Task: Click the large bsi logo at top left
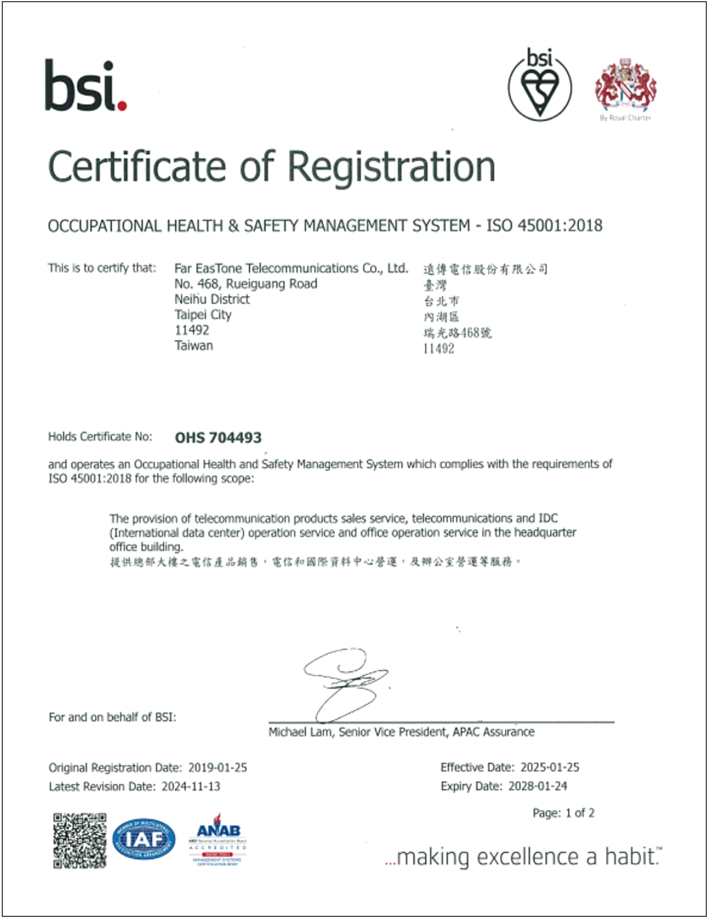coord(85,85)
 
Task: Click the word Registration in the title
coord(391,166)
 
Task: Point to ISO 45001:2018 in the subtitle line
coord(544,226)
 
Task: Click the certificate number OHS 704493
coord(218,438)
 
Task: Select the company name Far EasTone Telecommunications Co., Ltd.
coord(291,268)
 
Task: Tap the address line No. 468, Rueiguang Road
coord(245,284)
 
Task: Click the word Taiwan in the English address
coord(193,346)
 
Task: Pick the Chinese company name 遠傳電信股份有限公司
coord(485,269)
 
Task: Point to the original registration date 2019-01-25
coord(217,768)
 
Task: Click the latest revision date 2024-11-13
coord(190,787)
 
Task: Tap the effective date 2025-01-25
coord(550,768)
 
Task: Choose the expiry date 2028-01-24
coord(537,787)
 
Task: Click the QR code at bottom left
coord(79,841)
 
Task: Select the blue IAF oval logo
coord(144,839)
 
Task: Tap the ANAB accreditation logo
coord(218,838)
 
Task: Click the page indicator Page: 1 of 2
coord(563,813)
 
